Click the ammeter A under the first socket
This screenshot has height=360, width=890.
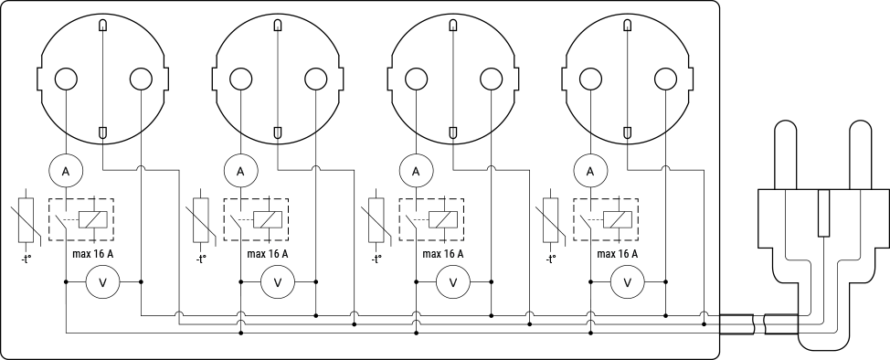pos(66,170)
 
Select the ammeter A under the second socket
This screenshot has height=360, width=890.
pos(241,170)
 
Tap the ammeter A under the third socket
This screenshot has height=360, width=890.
pos(416,170)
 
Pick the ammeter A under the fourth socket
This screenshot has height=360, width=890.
pos(590,170)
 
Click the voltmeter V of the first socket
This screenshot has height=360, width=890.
pos(103,283)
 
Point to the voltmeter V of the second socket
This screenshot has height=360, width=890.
pos(278,283)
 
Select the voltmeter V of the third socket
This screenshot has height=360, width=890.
pos(452,283)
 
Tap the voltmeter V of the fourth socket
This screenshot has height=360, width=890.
pos(627,283)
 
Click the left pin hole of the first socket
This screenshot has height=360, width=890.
pos(66,80)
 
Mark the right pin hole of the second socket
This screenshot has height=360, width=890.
pos(315,80)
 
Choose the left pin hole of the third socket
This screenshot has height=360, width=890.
pos(416,80)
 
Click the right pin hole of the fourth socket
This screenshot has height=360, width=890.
pos(664,80)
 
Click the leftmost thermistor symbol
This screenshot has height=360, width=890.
pos(26,220)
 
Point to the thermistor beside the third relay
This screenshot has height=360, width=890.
pos(376,220)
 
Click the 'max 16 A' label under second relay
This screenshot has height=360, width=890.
pos(267,254)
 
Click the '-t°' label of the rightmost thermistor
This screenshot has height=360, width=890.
pos(550,259)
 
